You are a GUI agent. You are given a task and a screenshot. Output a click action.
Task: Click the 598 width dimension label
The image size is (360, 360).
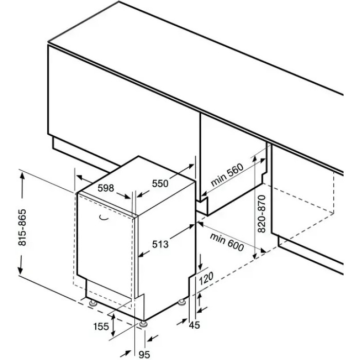tap(106, 188)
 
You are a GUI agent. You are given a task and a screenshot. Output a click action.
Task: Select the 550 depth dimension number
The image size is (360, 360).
tap(160, 183)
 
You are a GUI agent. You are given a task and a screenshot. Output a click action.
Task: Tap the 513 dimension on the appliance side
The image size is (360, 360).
tap(160, 244)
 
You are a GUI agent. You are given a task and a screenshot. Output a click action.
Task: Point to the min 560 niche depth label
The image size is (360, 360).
tap(227, 175)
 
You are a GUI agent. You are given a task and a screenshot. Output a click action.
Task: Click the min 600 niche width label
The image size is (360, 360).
tap(227, 242)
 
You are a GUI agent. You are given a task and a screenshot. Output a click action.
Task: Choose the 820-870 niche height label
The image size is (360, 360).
tap(262, 214)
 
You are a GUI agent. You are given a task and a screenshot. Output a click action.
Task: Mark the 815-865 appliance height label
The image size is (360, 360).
tap(22, 227)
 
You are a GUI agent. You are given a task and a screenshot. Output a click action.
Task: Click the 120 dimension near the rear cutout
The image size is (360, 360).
tap(206, 278)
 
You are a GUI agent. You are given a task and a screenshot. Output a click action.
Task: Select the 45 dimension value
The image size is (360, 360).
tap(194, 325)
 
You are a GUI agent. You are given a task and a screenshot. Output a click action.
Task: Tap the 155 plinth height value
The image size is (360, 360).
tap(101, 326)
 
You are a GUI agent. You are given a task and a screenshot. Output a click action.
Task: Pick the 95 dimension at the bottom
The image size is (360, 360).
tap(145, 354)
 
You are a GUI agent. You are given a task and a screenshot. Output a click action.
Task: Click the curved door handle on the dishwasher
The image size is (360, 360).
tap(104, 218)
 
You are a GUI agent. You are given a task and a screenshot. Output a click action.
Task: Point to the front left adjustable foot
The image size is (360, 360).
tap(93, 303)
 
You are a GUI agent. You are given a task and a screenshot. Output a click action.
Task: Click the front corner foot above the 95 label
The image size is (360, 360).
tap(143, 324)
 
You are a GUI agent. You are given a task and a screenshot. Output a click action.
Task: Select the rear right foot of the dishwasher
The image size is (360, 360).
tap(182, 302)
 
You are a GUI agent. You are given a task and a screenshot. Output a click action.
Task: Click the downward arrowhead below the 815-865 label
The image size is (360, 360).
tap(21, 269)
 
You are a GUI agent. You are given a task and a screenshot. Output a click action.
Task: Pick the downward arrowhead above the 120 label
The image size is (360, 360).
tap(201, 266)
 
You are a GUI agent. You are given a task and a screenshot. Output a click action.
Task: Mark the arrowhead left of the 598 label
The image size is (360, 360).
tap(80, 177)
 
